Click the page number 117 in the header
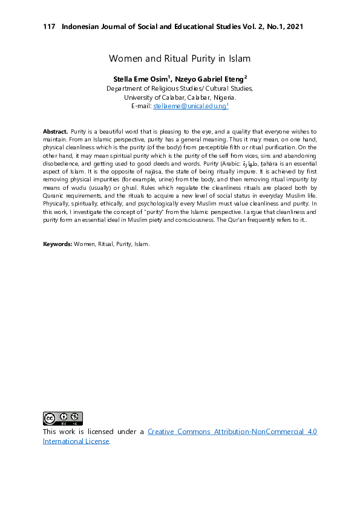pos(49,27)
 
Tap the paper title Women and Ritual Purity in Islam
pos(180,59)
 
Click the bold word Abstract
pos(55,131)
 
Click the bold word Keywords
pos(57,244)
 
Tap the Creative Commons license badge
pos(62,418)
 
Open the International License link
pos(76,441)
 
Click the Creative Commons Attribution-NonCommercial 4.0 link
pos(232,432)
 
